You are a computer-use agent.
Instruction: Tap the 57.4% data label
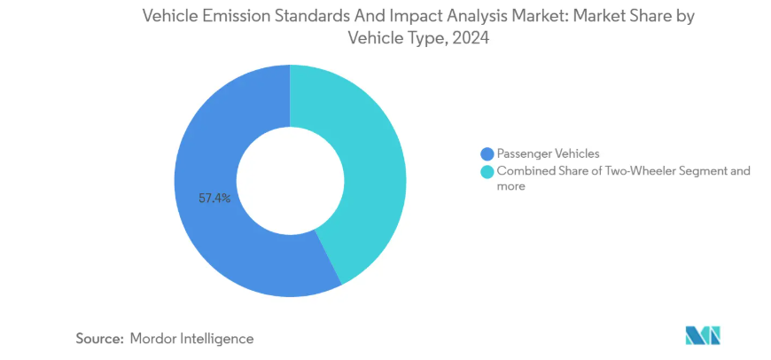(215, 199)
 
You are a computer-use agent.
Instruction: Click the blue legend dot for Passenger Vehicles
(486, 153)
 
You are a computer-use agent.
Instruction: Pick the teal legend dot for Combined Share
(486, 171)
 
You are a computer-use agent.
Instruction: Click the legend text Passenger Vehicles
(549, 153)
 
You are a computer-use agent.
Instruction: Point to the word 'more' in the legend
(511, 186)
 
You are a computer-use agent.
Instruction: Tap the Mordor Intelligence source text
(191, 338)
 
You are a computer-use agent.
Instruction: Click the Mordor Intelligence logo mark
(703, 335)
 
